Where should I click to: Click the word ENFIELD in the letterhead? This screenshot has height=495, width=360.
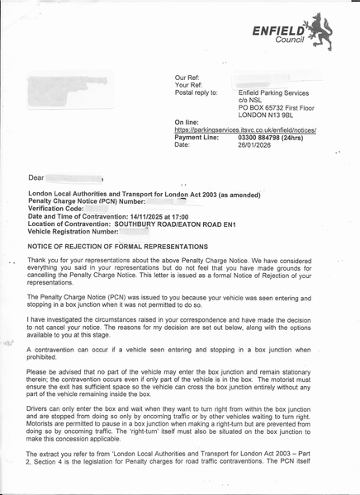[x=278, y=29]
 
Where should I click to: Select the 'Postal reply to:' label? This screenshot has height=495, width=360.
[x=197, y=92]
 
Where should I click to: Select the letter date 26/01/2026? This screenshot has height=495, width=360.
[x=257, y=145]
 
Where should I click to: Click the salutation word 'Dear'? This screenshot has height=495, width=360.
[x=36, y=177]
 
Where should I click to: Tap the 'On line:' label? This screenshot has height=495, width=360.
[x=187, y=122]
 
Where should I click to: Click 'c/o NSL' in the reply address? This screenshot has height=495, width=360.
[x=252, y=100]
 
